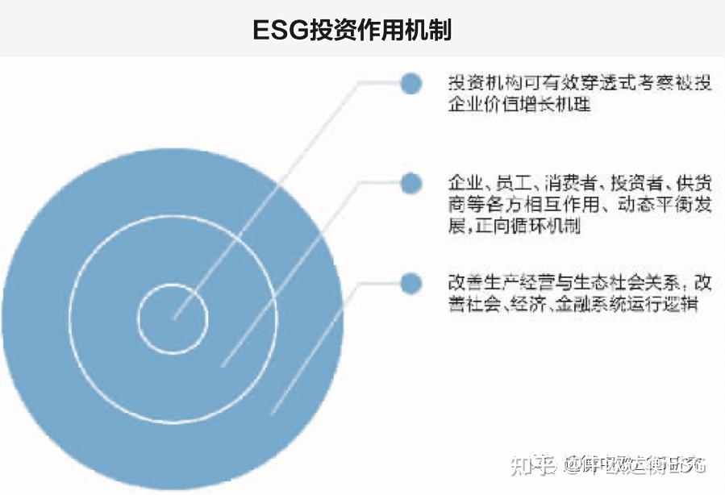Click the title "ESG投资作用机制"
(352, 30)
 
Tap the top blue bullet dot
(411, 83)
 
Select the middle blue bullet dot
(411, 183)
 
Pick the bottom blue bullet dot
(411, 283)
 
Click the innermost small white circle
(173, 317)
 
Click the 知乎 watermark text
(533, 464)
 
